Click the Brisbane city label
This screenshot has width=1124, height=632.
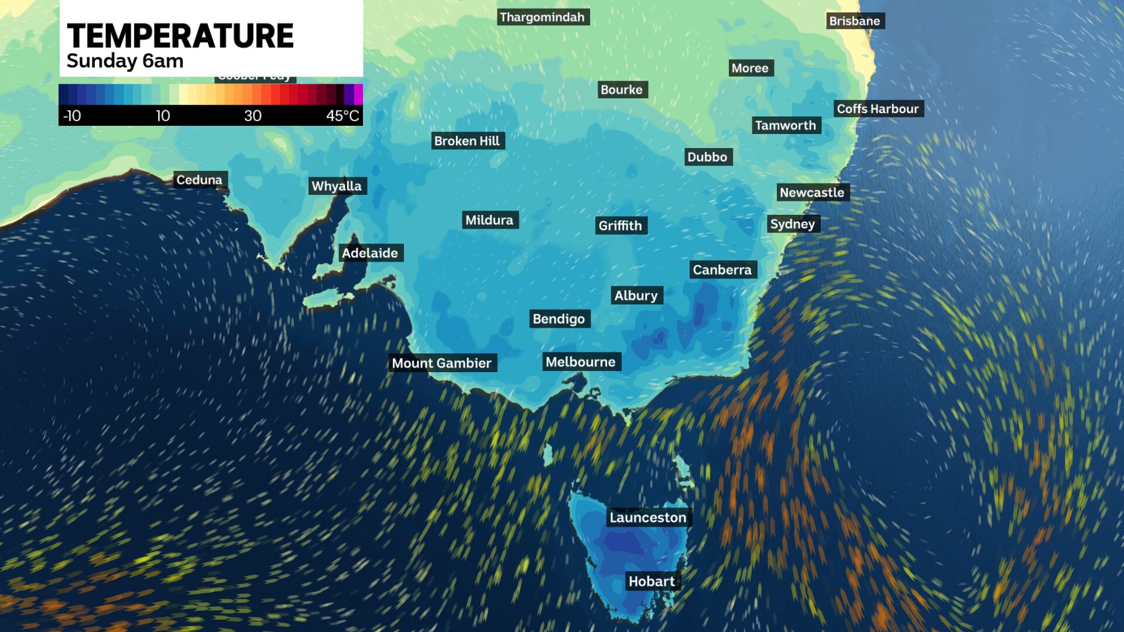click(855, 21)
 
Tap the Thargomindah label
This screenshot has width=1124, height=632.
click(542, 17)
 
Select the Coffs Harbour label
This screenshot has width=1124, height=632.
click(878, 109)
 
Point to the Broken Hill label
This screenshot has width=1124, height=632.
click(467, 141)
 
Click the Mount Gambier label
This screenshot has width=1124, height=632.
click(441, 363)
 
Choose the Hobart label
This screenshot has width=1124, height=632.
click(652, 581)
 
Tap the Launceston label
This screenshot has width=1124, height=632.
click(647, 517)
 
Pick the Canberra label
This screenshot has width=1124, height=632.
click(722, 270)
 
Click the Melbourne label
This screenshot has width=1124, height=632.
click(580, 362)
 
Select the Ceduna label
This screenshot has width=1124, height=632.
click(199, 180)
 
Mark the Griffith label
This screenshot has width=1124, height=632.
click(620, 225)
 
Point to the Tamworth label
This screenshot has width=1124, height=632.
click(785, 125)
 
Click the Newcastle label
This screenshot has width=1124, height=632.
click(812, 193)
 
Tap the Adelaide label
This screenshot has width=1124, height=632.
click(370, 253)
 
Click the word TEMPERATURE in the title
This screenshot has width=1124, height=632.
click(180, 36)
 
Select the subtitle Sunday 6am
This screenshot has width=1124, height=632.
click(125, 61)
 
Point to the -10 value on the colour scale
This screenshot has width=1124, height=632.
click(72, 116)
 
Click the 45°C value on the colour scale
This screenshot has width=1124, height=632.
click(342, 116)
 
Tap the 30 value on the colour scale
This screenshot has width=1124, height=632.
click(253, 116)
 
